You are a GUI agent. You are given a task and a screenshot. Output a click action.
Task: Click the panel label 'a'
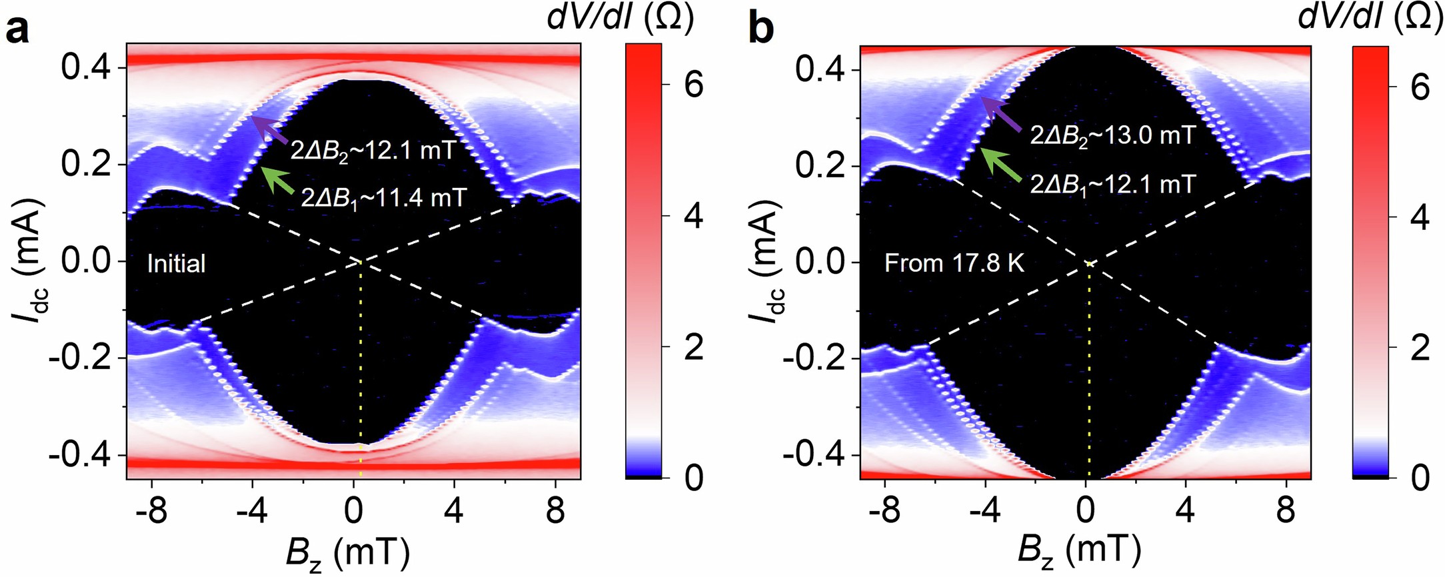point(17,30)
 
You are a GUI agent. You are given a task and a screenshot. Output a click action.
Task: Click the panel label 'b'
point(761,30)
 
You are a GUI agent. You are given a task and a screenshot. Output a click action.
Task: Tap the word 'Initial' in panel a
point(176,264)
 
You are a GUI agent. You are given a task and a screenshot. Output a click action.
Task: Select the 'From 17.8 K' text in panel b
point(954,263)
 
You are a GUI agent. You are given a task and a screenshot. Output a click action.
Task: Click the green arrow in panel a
point(277,180)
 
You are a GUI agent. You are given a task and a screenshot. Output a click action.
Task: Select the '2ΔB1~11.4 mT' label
point(383,199)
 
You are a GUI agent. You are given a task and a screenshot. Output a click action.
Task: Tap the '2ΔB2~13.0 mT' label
point(1112,136)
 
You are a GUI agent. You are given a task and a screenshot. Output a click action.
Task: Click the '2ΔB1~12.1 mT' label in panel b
point(1112,185)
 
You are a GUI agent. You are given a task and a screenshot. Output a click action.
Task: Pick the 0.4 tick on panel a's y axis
point(85,67)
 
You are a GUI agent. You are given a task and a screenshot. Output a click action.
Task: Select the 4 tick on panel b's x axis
point(1186,512)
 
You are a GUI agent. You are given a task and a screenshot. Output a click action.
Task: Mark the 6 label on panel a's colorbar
point(694,85)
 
